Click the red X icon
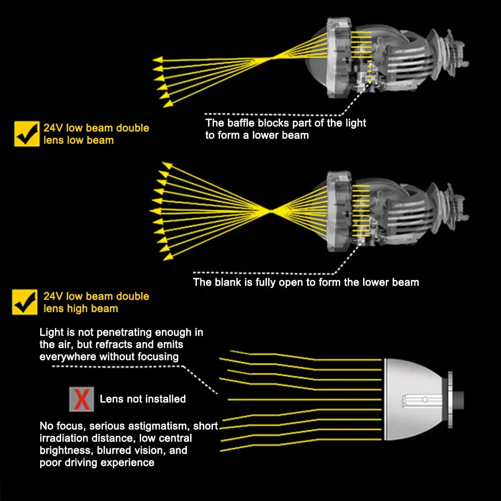tap(82, 399)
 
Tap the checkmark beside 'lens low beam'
tap(27, 134)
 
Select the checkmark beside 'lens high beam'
tap(25, 302)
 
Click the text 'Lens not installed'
tap(143, 399)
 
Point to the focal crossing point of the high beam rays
tap(271, 210)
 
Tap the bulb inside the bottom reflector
tap(421, 399)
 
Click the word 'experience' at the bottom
tap(127, 462)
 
